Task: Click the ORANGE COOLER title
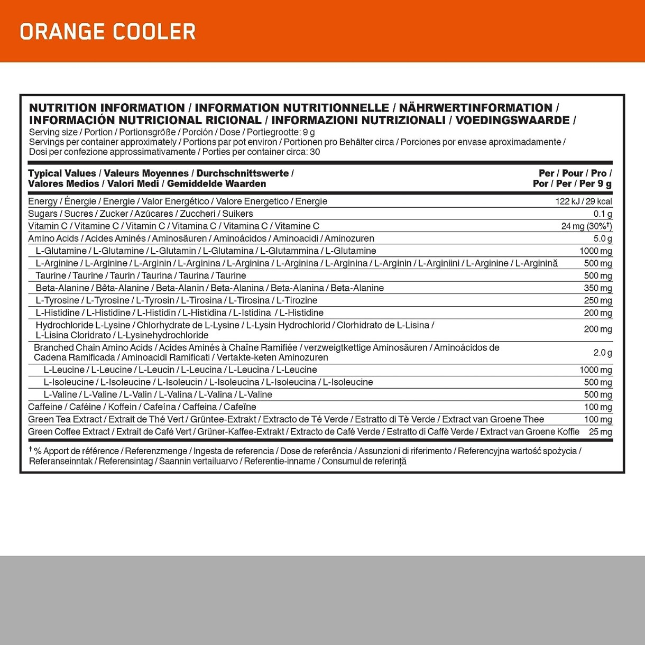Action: click(x=108, y=32)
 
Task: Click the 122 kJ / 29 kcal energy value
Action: click(x=584, y=201)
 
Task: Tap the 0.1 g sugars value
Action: click(x=603, y=214)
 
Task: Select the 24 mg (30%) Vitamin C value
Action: click(x=586, y=226)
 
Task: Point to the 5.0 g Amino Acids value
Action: click(x=603, y=239)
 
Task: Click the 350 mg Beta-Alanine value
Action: click(x=598, y=288)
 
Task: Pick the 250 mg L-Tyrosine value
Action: click(x=598, y=301)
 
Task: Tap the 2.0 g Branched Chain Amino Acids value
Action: click(x=603, y=353)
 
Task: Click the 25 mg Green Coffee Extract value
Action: click(x=601, y=432)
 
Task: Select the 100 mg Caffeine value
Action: click(x=598, y=407)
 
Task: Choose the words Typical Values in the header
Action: click(x=62, y=173)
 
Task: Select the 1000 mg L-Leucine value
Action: click(x=596, y=370)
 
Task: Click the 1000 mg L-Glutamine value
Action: click(x=596, y=251)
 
